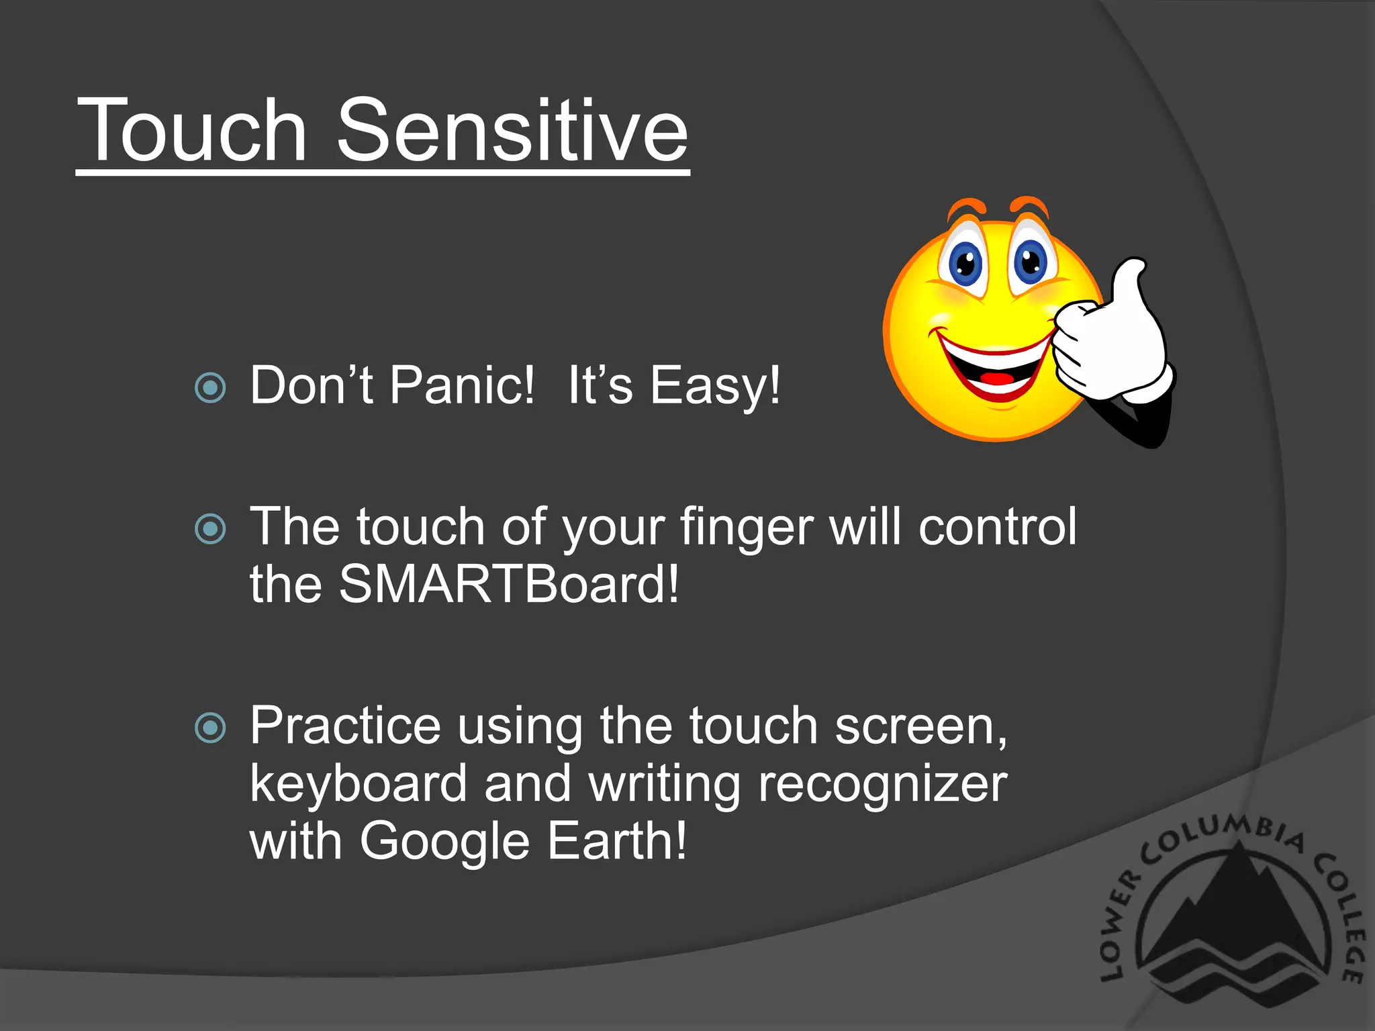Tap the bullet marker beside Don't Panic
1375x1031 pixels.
[210, 387]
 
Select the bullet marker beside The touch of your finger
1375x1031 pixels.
[210, 529]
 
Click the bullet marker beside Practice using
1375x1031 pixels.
[210, 728]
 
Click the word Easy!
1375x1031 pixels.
[715, 387]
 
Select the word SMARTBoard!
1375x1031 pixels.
[509, 584]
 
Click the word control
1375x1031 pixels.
[997, 526]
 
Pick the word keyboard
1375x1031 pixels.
[359, 784]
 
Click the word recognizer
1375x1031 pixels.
[882, 784]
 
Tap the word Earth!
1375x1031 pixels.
[617, 840]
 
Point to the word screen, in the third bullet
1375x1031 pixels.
[920, 726]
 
